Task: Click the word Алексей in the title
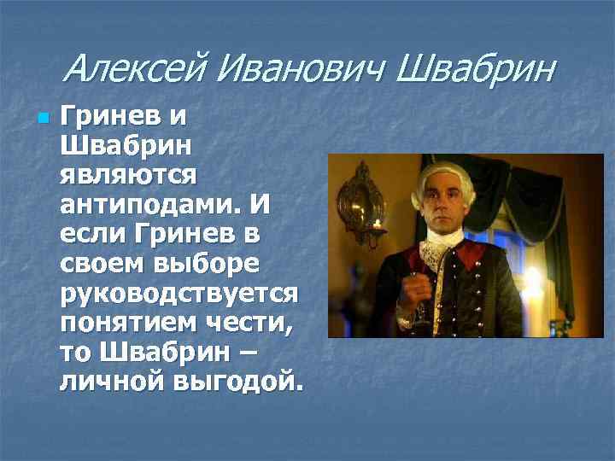tap(136, 68)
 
